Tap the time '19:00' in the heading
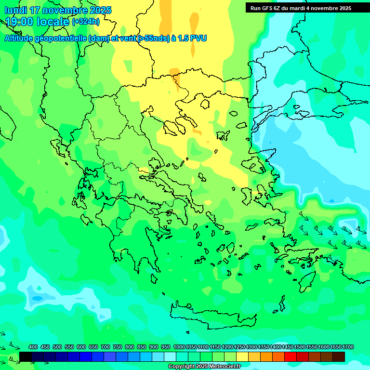click(21, 22)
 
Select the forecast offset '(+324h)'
click(86, 22)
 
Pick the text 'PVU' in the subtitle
click(198, 38)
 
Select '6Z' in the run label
click(278, 8)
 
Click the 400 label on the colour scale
click(33, 347)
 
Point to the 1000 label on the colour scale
click(179, 347)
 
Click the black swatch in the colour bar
click(26, 357)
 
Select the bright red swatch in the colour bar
click(291, 357)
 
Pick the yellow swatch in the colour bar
click(242, 357)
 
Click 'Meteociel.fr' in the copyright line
click(223, 367)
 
